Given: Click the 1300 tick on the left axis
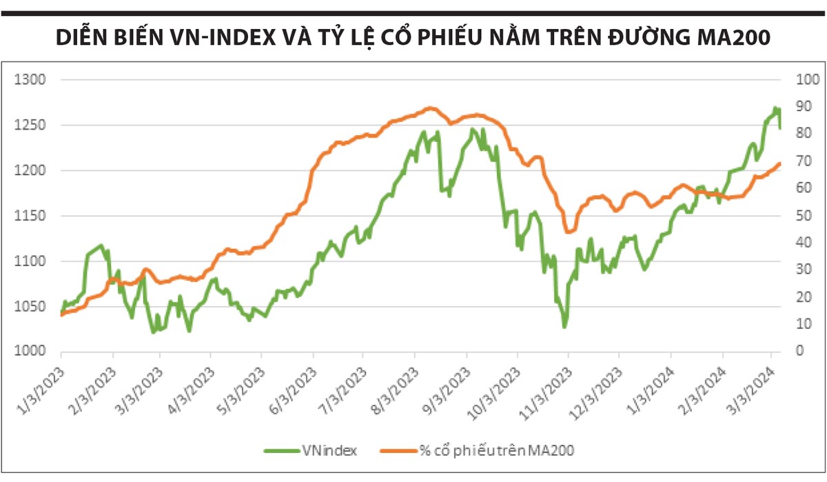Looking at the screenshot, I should pos(30,80).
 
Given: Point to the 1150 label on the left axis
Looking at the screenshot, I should pos(30,216).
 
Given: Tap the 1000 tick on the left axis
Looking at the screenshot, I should pos(30,351).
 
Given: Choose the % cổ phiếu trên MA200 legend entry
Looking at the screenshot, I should pos(496,450).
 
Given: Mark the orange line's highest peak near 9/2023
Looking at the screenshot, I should pos(430,108).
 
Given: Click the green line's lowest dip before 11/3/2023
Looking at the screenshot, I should pos(564,327).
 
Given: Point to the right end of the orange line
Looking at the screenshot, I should pos(779,163).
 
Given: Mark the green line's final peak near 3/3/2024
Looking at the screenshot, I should pos(775,108).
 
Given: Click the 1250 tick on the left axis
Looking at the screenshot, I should pos(30,125).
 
